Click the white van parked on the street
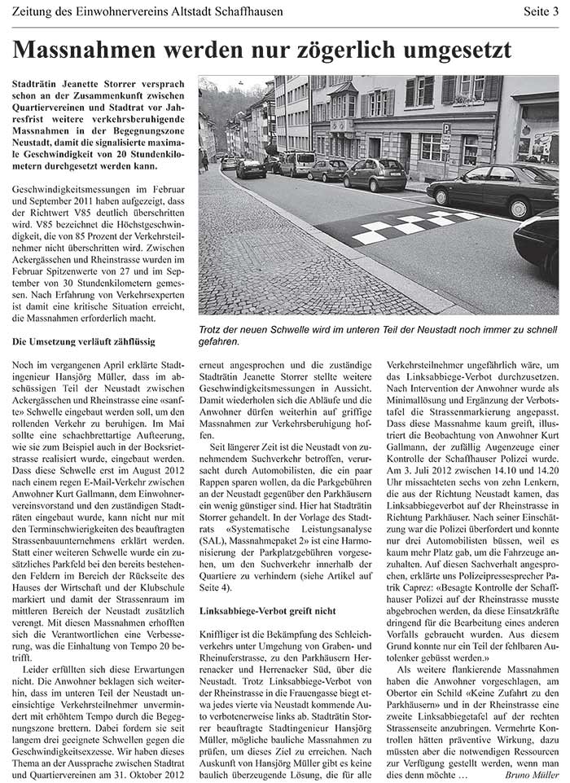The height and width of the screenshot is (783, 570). click(x=297, y=164)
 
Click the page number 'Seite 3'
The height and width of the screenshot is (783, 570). click(x=539, y=12)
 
